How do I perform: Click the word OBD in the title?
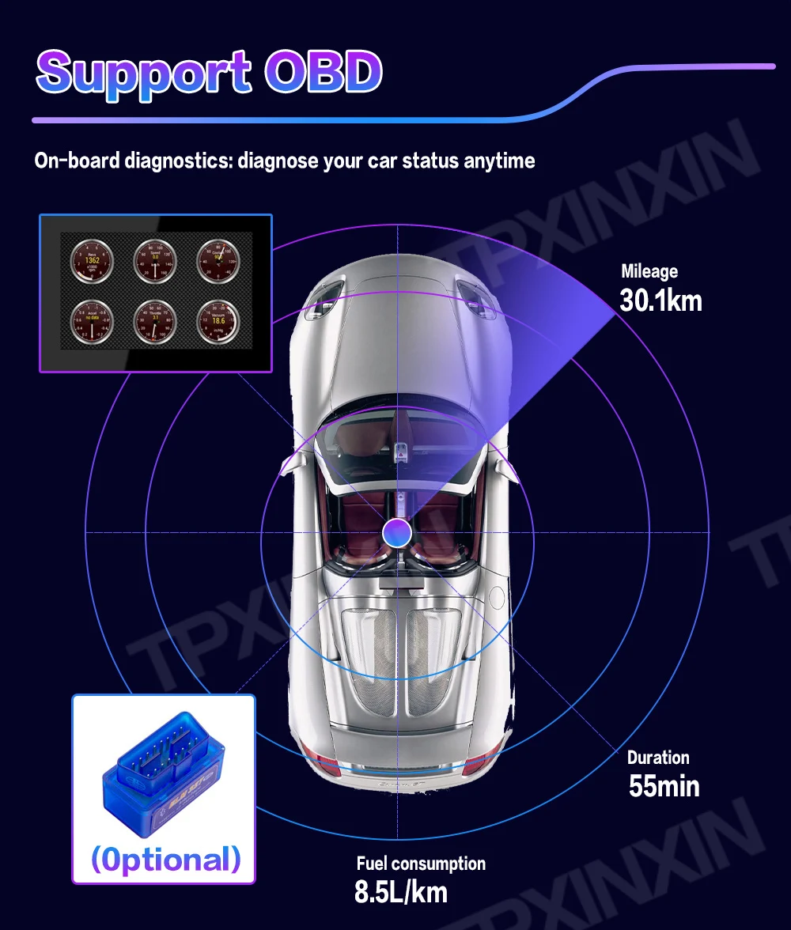324,72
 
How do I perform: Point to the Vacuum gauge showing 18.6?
218,321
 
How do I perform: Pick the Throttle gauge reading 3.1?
155,321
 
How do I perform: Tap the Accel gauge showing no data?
93,321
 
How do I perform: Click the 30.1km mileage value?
660,301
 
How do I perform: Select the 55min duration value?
664,786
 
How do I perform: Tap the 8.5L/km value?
401,892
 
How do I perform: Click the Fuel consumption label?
421,864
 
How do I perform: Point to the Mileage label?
649,272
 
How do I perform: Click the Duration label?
658,758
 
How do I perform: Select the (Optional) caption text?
165,859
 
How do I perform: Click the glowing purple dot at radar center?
395,532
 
